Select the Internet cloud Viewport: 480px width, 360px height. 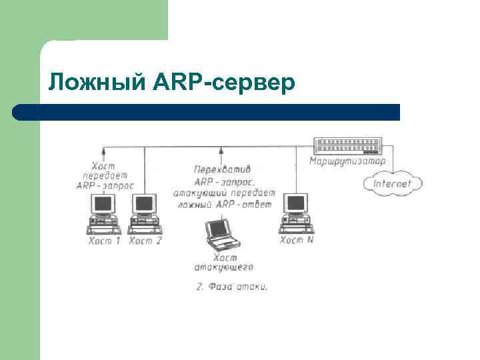point(392,183)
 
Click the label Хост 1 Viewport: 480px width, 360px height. point(104,241)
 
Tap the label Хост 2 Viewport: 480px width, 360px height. point(145,241)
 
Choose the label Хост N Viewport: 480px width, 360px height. point(296,240)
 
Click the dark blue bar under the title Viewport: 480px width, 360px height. point(207,112)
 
